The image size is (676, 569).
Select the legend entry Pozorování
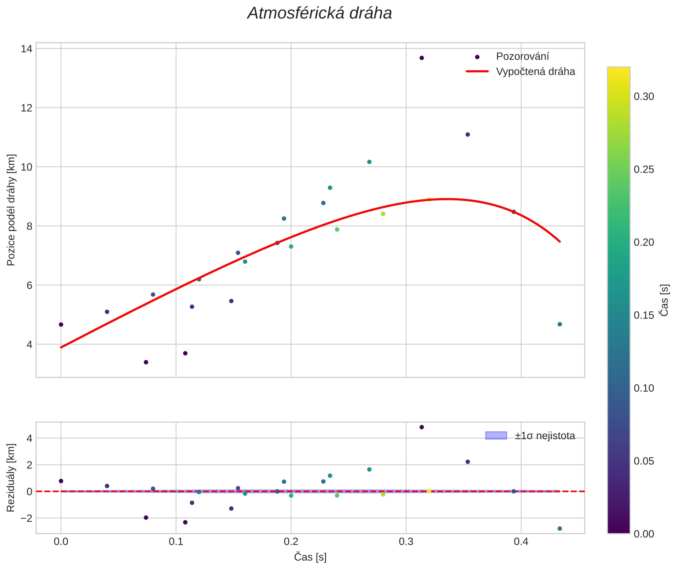coord(522,57)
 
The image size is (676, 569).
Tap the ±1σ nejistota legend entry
coord(545,436)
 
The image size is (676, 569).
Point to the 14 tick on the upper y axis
coord(26,49)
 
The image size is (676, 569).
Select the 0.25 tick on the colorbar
coord(644,170)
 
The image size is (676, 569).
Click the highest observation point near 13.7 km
coord(421,58)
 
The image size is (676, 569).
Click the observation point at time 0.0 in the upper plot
coord(61,325)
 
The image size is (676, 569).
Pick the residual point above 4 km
coord(421,427)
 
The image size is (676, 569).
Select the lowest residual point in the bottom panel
coord(560,529)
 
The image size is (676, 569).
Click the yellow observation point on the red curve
coord(429,199)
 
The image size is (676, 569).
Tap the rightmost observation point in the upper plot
coord(560,324)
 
